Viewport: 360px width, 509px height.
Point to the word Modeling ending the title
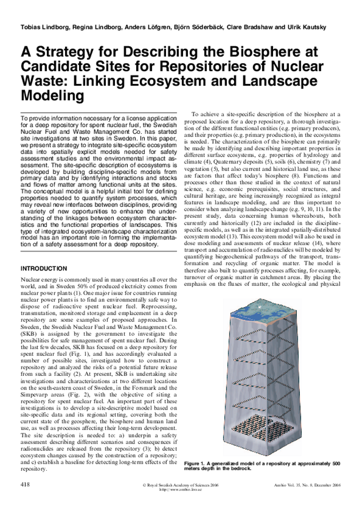(x=52, y=95)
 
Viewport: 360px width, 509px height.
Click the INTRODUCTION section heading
(x=44, y=268)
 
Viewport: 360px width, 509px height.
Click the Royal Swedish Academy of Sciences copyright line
(x=180, y=484)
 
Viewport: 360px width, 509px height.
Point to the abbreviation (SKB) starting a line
(x=29, y=335)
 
